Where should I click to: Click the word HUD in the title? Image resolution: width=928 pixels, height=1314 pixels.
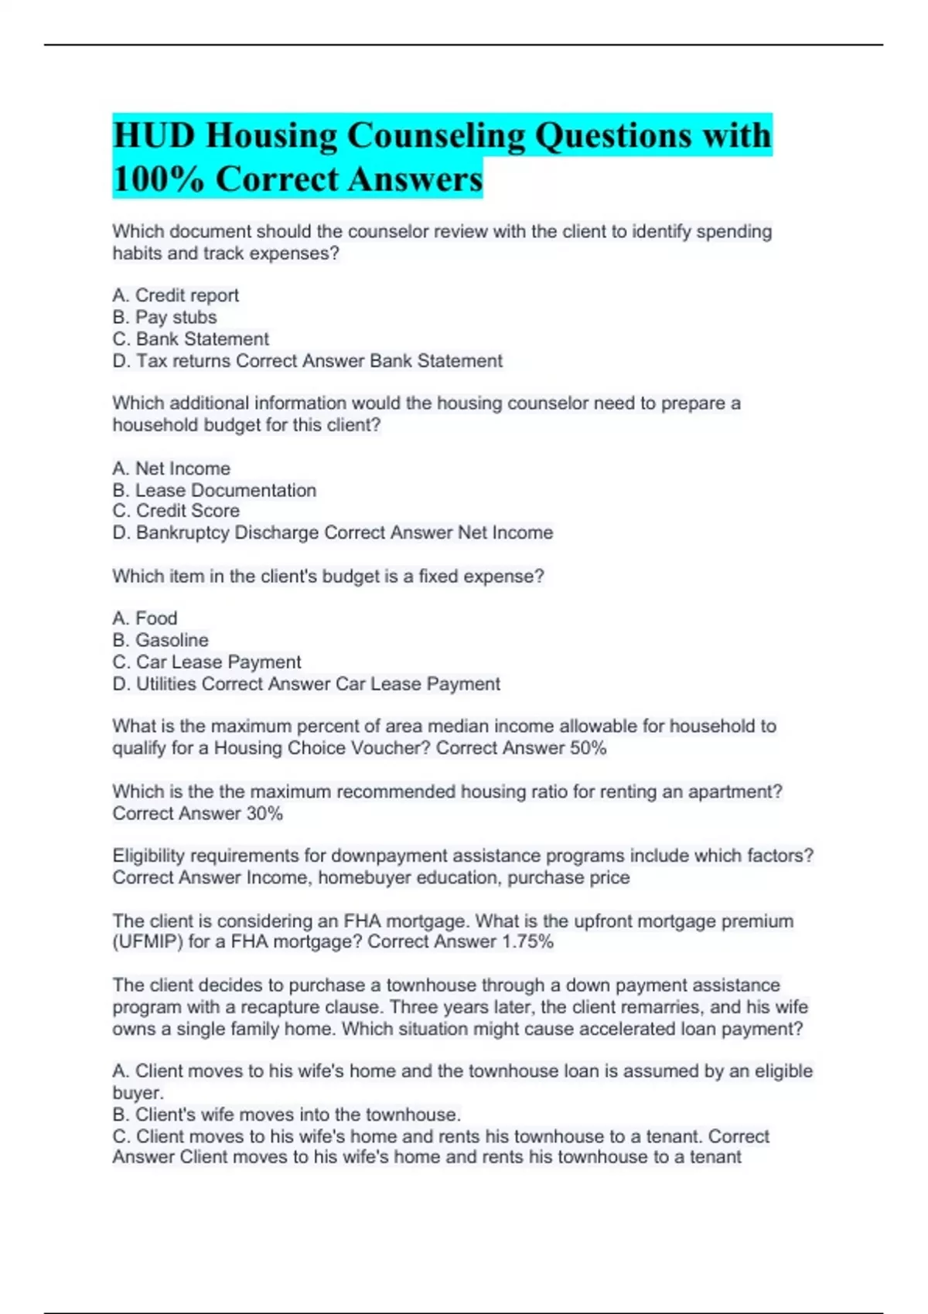point(153,136)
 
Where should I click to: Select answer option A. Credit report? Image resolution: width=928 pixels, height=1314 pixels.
point(176,295)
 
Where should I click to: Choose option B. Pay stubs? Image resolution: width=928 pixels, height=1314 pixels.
point(165,317)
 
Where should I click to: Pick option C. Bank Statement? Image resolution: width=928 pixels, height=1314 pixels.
point(191,339)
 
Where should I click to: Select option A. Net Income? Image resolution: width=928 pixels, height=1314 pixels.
point(171,468)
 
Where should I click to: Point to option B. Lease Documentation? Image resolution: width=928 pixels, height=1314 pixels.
point(214,490)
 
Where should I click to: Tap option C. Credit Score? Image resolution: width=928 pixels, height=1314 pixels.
point(176,511)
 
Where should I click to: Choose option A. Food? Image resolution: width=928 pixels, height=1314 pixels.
point(145,618)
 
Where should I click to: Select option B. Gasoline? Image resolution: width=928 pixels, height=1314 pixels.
point(160,640)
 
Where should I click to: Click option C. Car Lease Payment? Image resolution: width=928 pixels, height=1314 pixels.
point(206,662)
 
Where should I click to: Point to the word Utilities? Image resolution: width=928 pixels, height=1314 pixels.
point(165,684)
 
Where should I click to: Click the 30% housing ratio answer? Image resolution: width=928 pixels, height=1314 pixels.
point(264,813)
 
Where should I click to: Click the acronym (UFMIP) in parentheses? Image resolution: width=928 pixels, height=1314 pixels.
point(147,941)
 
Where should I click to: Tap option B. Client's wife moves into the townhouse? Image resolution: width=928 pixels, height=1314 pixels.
point(286,1115)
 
